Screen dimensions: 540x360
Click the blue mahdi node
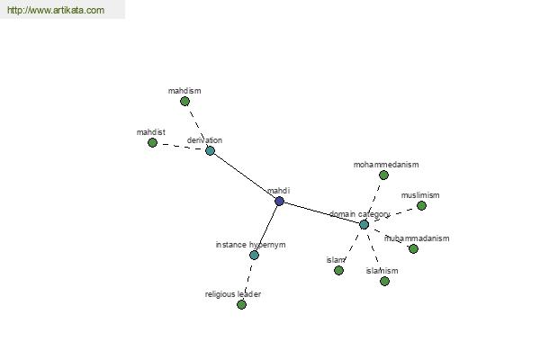[279, 202]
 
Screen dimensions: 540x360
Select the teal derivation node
[210, 150]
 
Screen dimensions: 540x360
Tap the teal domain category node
[364, 225]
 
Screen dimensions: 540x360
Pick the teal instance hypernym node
[254, 256]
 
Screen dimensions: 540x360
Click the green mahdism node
[184, 102]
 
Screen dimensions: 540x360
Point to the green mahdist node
[153, 142]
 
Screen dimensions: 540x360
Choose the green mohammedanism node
[384, 175]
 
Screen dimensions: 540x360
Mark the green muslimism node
[421, 206]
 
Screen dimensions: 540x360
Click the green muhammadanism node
[414, 248]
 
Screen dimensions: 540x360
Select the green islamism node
[385, 282]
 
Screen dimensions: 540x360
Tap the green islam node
[339, 270]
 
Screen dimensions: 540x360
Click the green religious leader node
[242, 304]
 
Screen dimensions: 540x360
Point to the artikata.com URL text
[56, 10]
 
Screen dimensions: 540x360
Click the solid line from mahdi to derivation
[245, 175]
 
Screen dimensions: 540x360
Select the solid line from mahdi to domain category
[321, 213]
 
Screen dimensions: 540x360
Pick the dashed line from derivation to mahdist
[181, 147]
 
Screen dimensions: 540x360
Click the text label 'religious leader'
[233, 294]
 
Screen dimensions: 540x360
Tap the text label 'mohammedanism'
[386, 165]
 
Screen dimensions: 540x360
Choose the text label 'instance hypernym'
[251, 245]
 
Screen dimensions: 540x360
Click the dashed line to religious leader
[248, 280]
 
